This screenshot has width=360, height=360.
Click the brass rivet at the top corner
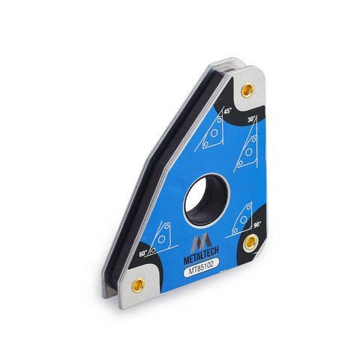247,89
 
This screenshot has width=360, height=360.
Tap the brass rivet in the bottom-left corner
138,284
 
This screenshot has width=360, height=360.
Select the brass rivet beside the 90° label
250,242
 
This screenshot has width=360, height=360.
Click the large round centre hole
206,200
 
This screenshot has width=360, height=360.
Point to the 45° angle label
228,111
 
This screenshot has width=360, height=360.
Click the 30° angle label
252,119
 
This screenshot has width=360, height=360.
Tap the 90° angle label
257,225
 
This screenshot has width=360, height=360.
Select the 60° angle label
143,254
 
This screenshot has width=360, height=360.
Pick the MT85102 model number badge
201,268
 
